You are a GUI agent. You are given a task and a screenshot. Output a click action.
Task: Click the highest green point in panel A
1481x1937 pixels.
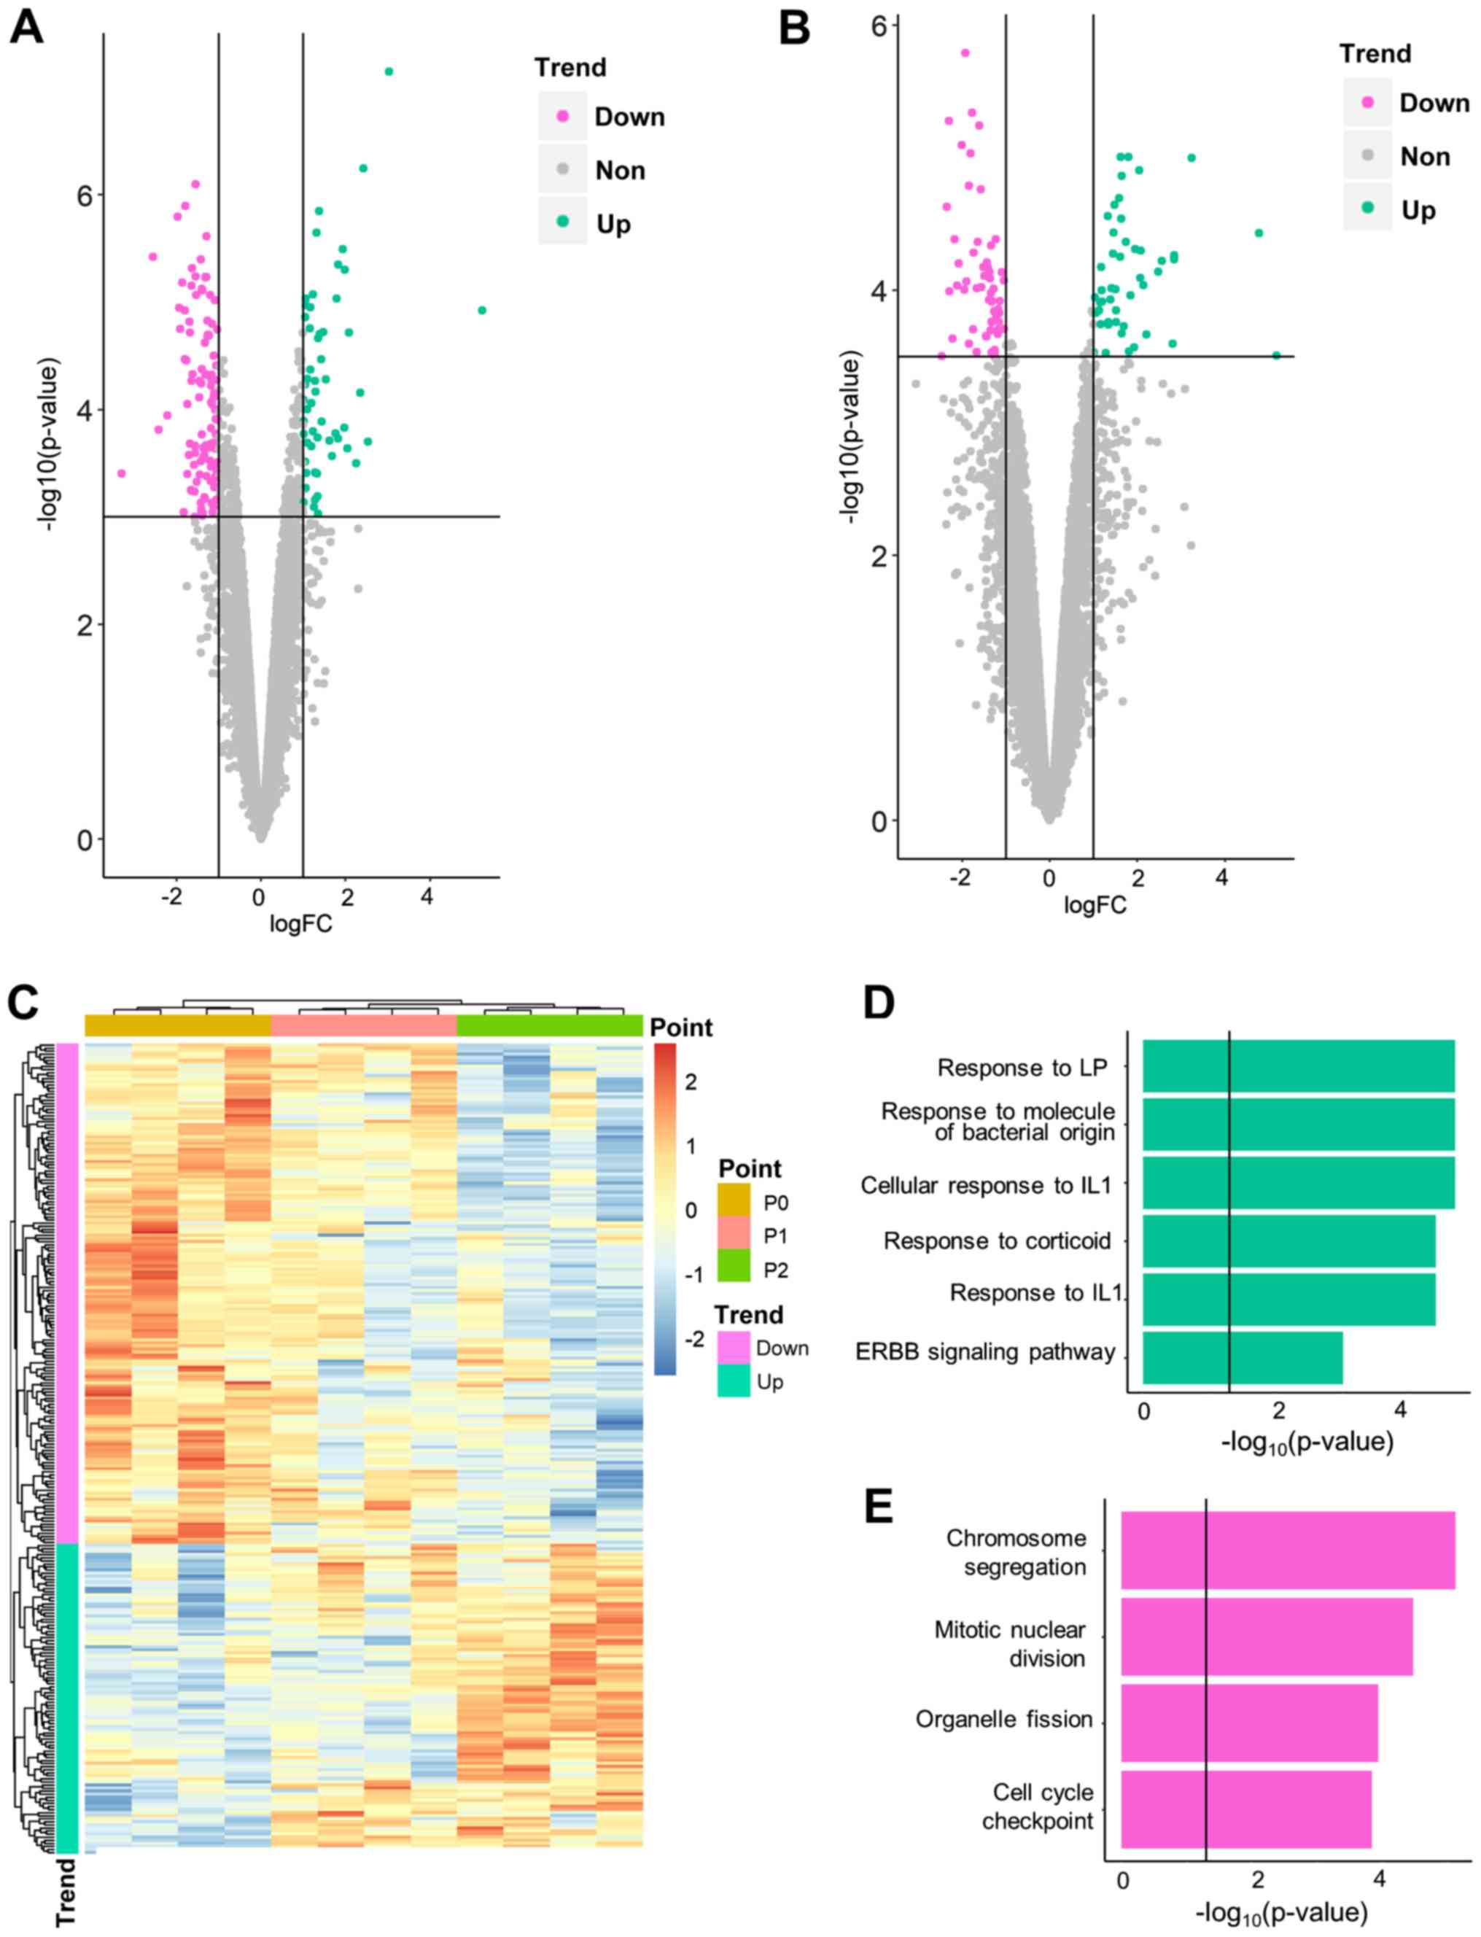(x=389, y=71)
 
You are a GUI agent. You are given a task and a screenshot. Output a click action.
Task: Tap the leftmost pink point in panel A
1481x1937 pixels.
(x=122, y=473)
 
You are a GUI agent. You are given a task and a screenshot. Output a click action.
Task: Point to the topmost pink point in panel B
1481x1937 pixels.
(x=965, y=53)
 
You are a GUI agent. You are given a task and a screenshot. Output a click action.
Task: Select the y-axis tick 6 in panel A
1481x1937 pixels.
(x=85, y=195)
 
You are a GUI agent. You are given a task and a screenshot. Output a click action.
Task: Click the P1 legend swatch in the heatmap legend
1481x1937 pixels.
(x=734, y=1236)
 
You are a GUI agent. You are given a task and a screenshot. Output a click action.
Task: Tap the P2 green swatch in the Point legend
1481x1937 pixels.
(x=734, y=1270)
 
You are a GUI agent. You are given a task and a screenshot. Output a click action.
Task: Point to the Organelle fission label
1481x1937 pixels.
(x=1004, y=1718)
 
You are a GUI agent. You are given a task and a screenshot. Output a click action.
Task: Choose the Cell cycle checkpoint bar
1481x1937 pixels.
(x=1246, y=1807)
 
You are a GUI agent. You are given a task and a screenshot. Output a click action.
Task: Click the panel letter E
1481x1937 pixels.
(x=879, y=1507)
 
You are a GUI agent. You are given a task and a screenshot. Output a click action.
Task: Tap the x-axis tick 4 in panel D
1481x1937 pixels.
(x=1400, y=1410)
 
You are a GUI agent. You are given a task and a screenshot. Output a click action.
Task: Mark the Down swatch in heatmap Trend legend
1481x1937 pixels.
(x=734, y=1348)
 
